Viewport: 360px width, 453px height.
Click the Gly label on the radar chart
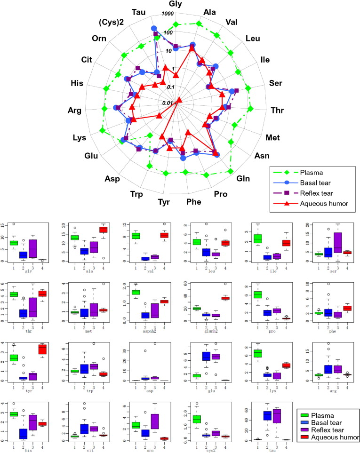pos(177,5)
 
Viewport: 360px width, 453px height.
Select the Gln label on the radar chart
pos(243,178)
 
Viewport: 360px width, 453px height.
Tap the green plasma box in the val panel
pos(136,235)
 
